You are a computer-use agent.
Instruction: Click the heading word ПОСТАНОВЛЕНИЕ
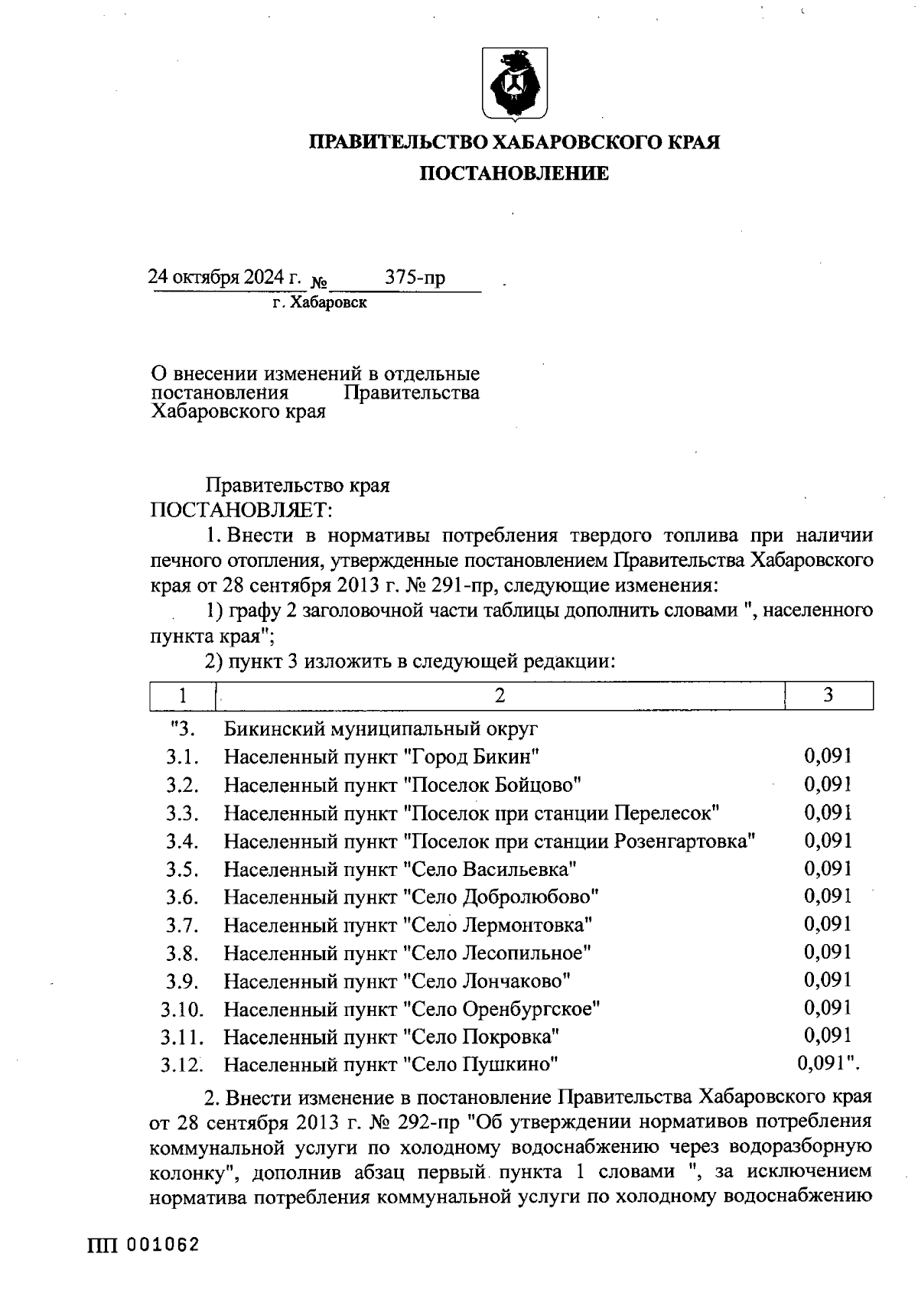coord(513,174)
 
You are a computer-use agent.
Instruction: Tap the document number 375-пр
coord(415,278)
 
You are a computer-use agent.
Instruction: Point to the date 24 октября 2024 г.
coord(225,277)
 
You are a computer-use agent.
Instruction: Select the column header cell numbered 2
coord(500,695)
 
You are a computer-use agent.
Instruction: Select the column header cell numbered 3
coord(828,695)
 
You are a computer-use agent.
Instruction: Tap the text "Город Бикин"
coord(472,757)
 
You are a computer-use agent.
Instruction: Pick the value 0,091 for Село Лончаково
coord(828,980)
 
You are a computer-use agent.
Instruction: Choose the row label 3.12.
coord(182,1065)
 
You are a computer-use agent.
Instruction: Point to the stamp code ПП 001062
coord(144,1245)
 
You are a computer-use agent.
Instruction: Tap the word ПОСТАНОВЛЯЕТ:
coord(241,510)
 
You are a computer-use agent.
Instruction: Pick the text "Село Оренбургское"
coord(502,1009)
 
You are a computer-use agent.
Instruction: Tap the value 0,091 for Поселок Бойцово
coord(828,785)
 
